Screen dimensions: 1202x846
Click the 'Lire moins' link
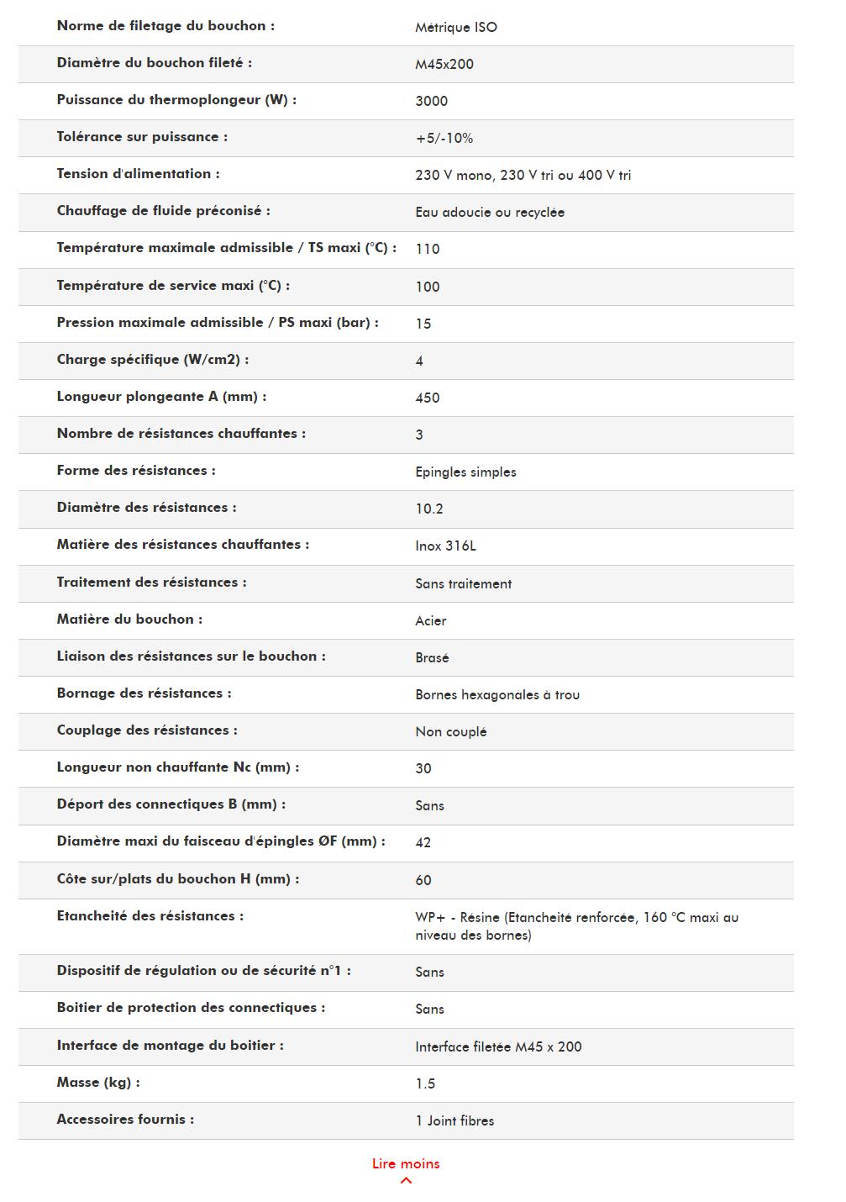(406, 1163)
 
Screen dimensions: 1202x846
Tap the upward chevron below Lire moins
(406, 1181)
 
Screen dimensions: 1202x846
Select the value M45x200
(444, 64)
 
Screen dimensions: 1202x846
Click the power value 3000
(431, 101)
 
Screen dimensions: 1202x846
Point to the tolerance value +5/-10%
(444, 138)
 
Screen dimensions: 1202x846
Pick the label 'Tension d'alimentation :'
(138, 174)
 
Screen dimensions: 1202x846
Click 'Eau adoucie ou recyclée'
(489, 212)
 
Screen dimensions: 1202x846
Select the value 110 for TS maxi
(427, 249)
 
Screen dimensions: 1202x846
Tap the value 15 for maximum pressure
(423, 324)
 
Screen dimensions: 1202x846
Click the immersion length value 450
(427, 398)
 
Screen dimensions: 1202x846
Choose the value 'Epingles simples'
(465, 472)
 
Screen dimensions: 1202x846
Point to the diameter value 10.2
(428, 509)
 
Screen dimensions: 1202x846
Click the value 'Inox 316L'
(445, 546)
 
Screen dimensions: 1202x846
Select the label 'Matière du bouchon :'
(129, 619)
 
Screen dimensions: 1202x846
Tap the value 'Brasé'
(432, 657)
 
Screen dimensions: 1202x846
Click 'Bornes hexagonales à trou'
(497, 694)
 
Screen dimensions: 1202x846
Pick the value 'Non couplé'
(450, 731)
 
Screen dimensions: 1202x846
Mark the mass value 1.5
(425, 1083)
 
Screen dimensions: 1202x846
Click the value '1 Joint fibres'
(455, 1120)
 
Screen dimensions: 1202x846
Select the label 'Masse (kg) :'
(98, 1083)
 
